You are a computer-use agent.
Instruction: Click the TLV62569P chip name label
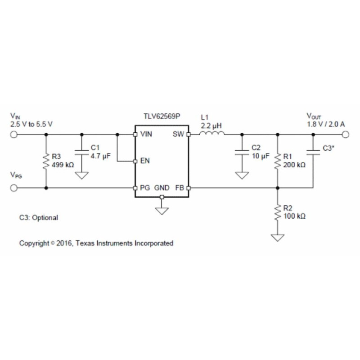tap(161, 116)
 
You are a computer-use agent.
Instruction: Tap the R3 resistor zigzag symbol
tap(46, 161)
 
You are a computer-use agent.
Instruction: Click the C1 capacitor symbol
tap(81, 152)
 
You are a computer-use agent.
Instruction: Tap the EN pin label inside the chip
tap(145, 161)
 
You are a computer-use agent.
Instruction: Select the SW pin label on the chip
tap(178, 134)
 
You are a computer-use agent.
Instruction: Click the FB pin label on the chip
tap(179, 188)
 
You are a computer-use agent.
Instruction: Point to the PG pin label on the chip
tap(145, 188)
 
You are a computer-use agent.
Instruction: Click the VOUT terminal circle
tap(345, 134)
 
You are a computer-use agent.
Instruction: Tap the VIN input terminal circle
tap(14, 134)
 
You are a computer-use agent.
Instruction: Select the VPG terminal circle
tap(14, 188)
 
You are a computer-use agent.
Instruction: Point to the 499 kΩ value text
tap(63, 165)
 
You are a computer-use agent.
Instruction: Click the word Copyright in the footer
tap(33, 243)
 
